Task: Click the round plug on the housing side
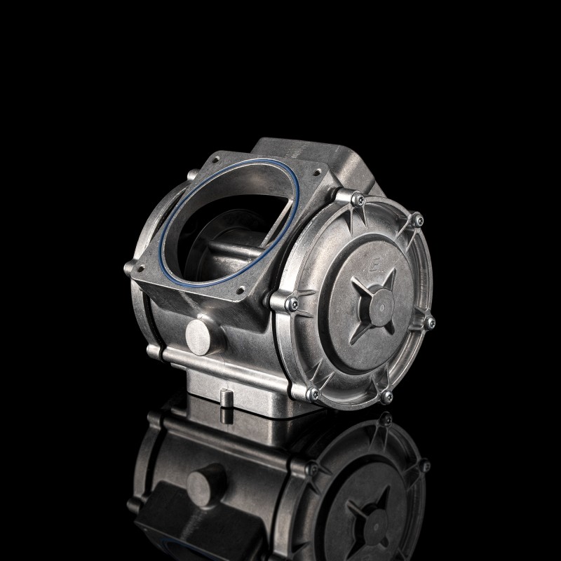point(198,337)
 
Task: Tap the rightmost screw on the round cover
point(431,323)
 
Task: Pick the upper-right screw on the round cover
point(419,220)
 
